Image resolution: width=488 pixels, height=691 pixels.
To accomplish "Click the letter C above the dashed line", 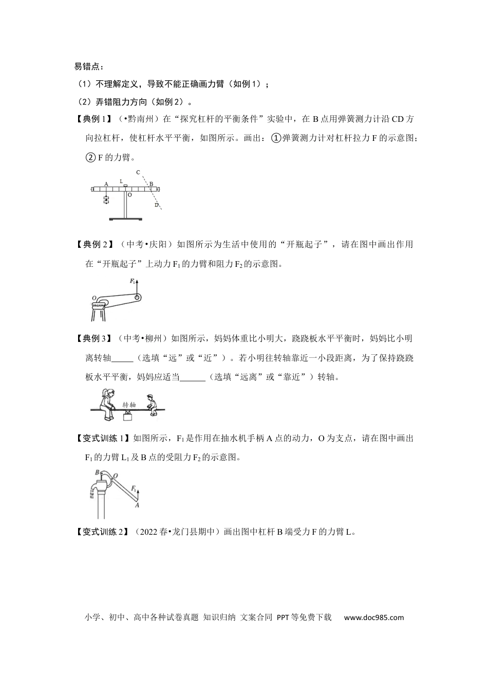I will click(137, 173).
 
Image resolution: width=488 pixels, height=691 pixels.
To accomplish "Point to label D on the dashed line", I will click(156, 205).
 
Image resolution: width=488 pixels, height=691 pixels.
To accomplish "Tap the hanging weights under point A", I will click(106, 200).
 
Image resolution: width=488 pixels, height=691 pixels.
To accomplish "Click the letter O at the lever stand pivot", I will click(129, 195).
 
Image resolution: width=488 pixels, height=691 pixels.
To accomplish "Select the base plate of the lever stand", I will click(125, 219).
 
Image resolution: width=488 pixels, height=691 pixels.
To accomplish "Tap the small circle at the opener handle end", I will click(137, 298).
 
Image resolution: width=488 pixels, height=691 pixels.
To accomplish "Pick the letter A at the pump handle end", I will click(137, 505).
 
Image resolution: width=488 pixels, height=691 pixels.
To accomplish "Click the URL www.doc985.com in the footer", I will click(373, 617).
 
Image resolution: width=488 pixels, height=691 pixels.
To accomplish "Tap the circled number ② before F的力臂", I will click(90, 157).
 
